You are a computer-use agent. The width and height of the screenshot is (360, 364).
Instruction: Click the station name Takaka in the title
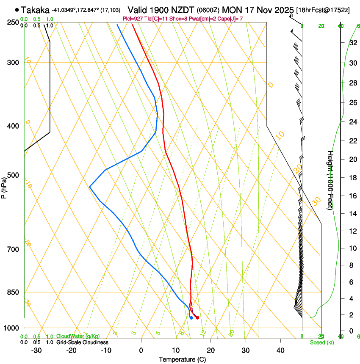click(x=35, y=9)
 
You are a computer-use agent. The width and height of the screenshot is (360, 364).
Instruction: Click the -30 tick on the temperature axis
click(x=36, y=350)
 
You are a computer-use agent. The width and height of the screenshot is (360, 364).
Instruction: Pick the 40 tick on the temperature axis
click(x=280, y=350)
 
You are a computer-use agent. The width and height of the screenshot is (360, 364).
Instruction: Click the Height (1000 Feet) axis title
click(x=330, y=180)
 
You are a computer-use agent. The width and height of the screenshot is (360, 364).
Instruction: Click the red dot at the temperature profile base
click(x=197, y=318)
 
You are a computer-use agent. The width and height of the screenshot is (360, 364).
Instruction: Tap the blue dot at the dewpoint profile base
click(x=191, y=317)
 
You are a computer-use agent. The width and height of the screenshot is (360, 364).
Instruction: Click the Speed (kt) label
click(x=321, y=342)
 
